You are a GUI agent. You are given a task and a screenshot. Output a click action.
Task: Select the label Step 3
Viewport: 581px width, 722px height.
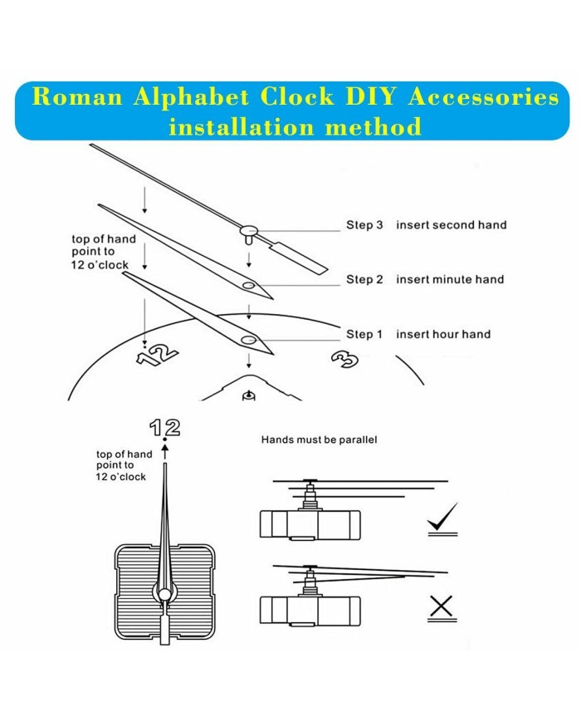364,225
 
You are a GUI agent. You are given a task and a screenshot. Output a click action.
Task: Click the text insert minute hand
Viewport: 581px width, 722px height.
450,279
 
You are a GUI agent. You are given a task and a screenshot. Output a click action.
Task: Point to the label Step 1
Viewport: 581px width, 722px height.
364,334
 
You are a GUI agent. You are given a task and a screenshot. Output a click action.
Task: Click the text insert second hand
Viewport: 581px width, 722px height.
451,225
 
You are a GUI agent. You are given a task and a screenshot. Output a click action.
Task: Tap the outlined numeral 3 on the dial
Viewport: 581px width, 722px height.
342,359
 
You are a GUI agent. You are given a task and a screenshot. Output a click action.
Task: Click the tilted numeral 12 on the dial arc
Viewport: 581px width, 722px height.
159,355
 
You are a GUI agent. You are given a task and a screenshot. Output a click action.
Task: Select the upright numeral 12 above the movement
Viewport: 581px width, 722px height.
164,428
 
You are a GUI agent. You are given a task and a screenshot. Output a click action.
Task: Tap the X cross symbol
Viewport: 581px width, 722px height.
442,609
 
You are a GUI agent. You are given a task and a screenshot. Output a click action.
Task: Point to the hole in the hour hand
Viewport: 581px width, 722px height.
248,341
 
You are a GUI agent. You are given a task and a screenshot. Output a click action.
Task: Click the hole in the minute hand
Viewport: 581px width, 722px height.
248,286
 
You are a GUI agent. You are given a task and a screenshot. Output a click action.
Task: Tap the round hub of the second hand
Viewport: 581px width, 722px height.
248,228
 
